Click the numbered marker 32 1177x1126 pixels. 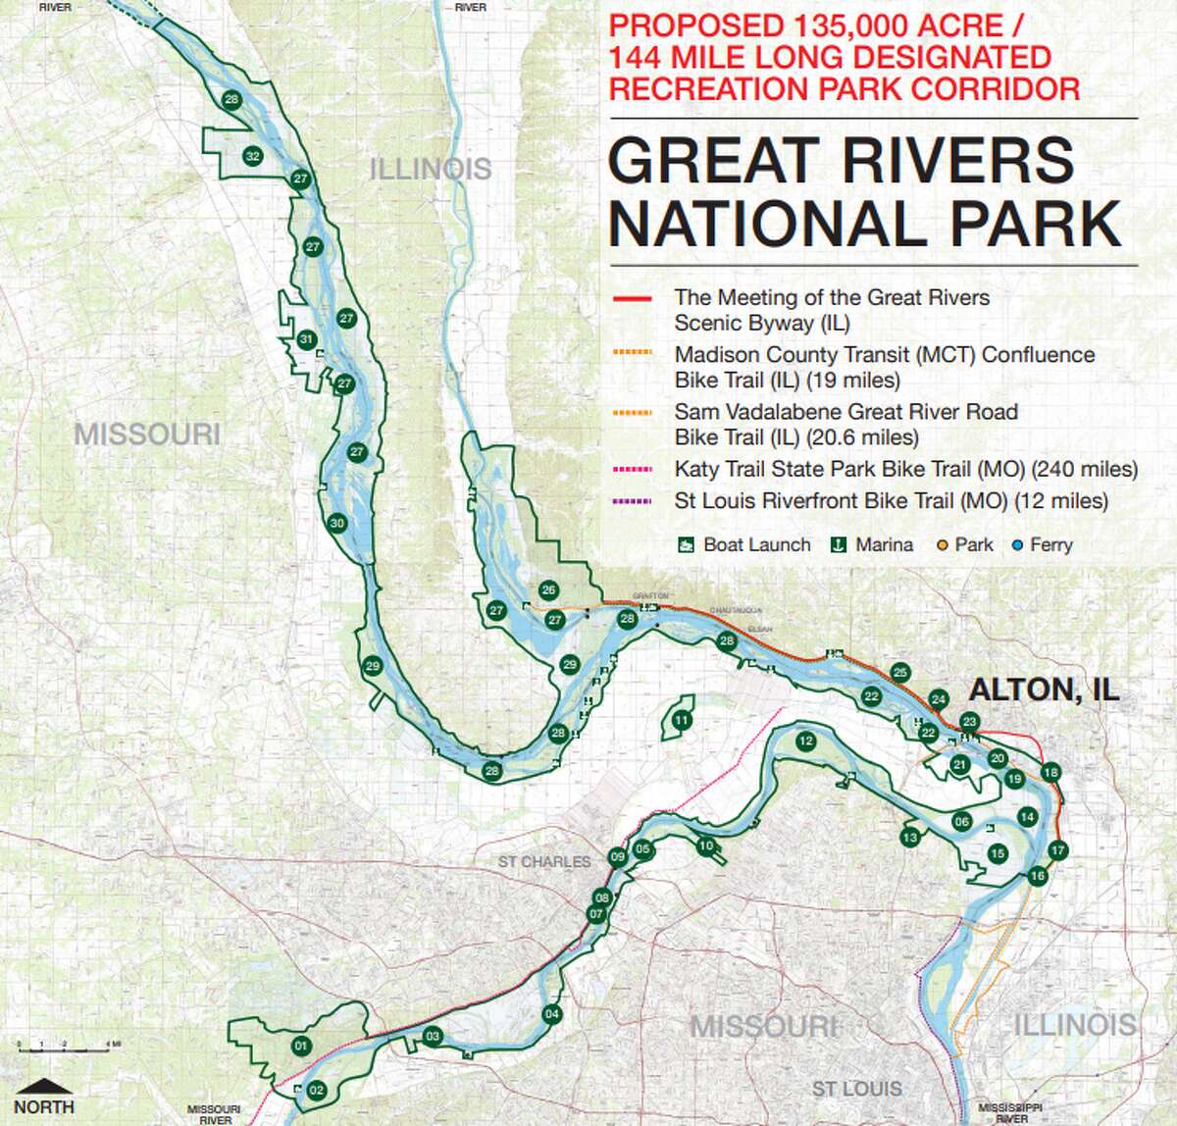(252, 156)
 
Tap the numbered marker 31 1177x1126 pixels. (306, 339)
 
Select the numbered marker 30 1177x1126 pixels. (337, 523)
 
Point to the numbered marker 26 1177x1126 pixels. (548, 589)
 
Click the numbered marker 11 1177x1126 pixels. (682, 721)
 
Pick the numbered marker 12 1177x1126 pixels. (806, 742)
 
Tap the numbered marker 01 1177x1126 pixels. (300, 1047)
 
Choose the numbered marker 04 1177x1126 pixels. (551, 1014)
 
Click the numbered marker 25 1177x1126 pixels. (900, 672)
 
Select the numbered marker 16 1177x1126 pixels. (1037, 876)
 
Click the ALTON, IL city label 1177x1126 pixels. (1044, 689)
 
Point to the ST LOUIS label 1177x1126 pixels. (856, 1089)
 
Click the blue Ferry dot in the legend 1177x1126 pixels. (1017, 544)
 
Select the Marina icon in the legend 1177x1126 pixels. (839, 544)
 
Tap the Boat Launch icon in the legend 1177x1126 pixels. (687, 544)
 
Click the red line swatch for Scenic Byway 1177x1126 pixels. (632, 297)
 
